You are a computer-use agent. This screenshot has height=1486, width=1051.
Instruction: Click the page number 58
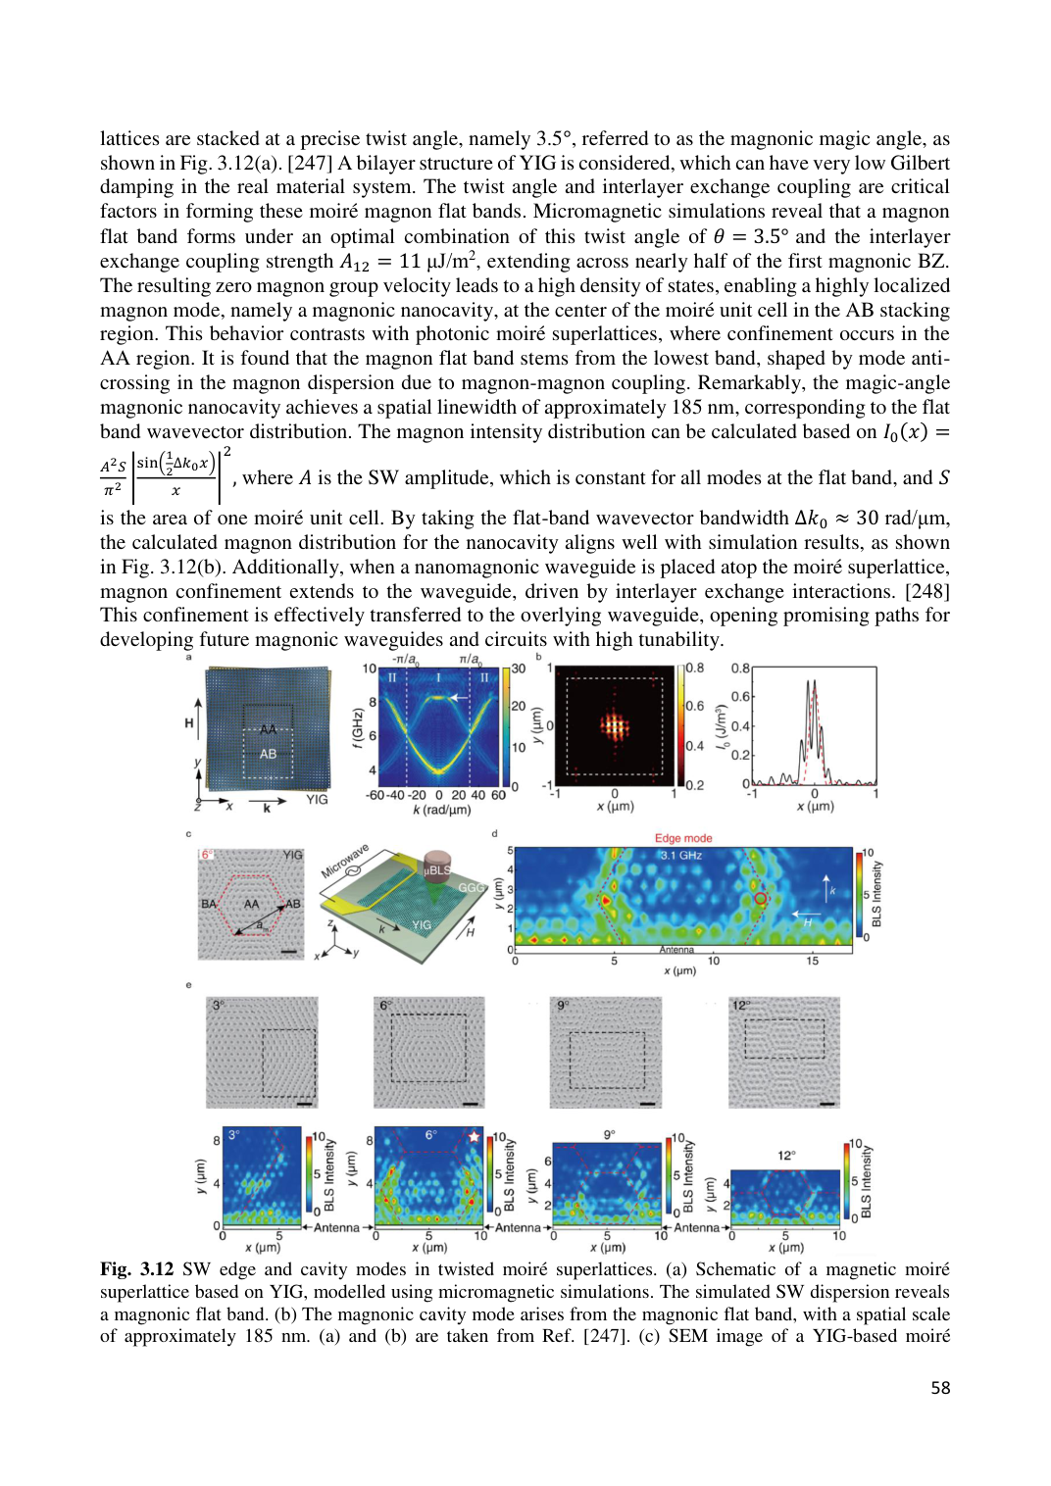940,1387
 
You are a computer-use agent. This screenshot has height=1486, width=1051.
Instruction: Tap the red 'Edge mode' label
683,838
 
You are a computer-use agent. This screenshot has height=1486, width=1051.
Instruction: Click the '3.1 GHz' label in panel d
681,856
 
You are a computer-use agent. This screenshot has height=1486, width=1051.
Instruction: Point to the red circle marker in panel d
760,898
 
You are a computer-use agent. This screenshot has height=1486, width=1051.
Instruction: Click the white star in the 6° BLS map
475,1136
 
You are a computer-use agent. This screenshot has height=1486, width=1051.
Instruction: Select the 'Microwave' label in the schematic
345,861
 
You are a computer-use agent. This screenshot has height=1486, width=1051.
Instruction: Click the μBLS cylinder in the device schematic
436,869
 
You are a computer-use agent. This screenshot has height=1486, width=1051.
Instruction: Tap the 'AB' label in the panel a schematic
268,754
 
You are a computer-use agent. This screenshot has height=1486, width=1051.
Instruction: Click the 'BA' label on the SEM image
208,904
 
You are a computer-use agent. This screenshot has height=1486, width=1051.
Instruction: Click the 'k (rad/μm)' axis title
441,811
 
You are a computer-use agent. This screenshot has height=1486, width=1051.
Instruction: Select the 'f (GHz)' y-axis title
359,727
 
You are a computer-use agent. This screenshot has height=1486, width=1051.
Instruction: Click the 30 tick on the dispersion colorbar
519,669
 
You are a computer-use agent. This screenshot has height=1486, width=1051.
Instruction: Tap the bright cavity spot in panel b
614,726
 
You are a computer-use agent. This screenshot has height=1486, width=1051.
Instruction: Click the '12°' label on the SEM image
741,1006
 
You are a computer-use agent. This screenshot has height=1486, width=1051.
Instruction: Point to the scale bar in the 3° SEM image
304,1104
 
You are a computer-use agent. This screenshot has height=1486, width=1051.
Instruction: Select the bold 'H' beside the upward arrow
189,723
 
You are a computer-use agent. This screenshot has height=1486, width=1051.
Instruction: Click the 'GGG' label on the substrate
471,888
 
